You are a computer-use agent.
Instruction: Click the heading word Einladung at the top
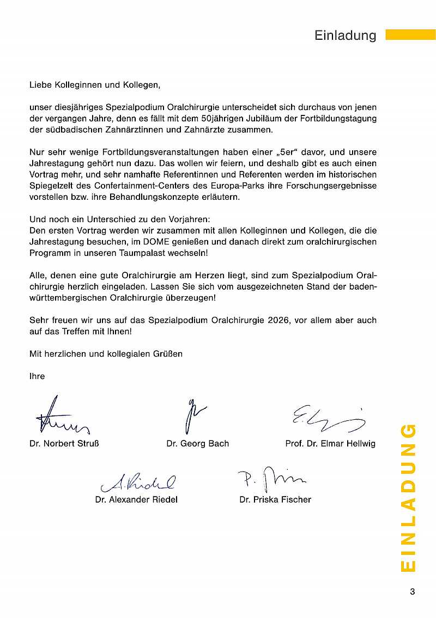coord(346,35)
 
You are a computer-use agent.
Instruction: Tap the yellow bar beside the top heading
coord(410,35)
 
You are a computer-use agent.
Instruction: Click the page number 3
coord(412,592)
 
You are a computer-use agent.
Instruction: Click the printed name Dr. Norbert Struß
coord(64,444)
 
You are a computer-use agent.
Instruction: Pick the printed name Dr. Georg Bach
coord(198,444)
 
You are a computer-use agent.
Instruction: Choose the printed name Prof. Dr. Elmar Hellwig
coord(330,444)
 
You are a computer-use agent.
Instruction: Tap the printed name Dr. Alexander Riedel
coord(136,499)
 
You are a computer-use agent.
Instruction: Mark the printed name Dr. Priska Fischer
coord(275,499)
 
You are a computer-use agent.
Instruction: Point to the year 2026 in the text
coord(278,320)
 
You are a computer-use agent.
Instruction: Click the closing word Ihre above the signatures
coord(37,376)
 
